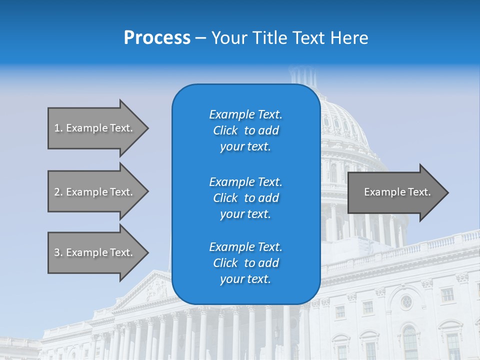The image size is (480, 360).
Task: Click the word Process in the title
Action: [157, 38]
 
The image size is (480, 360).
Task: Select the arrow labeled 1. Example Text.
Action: [93, 128]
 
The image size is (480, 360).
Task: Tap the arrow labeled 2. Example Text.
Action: [93, 192]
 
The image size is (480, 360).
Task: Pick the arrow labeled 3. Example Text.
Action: [93, 252]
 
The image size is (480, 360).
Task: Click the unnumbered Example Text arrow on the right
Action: [397, 192]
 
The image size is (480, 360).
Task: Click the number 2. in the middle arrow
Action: [58, 192]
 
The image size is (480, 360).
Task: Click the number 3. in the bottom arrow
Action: [58, 252]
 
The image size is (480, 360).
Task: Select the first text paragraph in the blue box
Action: [245, 130]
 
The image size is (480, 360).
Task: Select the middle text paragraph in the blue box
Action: [245, 198]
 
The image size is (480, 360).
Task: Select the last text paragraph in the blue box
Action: [245, 263]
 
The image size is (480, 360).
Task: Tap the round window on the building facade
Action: [406, 301]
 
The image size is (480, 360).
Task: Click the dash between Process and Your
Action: [200, 38]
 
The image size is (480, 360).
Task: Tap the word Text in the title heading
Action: [306, 38]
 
